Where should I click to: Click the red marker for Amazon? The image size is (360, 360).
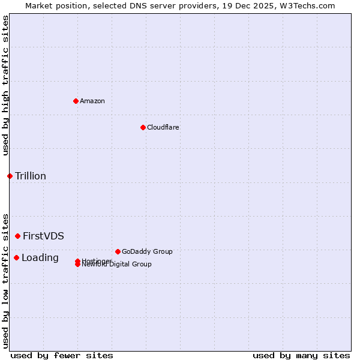coord(76,101)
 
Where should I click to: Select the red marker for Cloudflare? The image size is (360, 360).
coord(143,127)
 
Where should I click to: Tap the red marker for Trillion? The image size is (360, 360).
coord(10,176)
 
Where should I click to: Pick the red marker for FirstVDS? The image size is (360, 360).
coord(17,236)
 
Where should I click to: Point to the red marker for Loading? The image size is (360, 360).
coord(16,257)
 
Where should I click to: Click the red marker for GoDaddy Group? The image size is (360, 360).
coord(118,251)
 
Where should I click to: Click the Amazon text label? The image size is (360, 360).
coord(92,101)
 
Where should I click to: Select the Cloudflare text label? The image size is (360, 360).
coord(163,127)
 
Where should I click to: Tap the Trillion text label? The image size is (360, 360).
coord(31,176)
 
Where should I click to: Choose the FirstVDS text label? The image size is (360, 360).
coord(43,236)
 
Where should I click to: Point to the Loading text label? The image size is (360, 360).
coord(40,257)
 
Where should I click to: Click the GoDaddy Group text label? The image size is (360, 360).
coord(147,251)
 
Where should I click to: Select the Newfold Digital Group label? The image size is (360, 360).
coord(117,265)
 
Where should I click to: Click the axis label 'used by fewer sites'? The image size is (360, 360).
coord(62,355)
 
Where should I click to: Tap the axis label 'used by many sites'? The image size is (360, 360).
coord(301,355)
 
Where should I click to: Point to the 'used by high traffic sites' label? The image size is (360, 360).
coord(6,85)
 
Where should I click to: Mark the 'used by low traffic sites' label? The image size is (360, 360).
coord(6,280)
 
